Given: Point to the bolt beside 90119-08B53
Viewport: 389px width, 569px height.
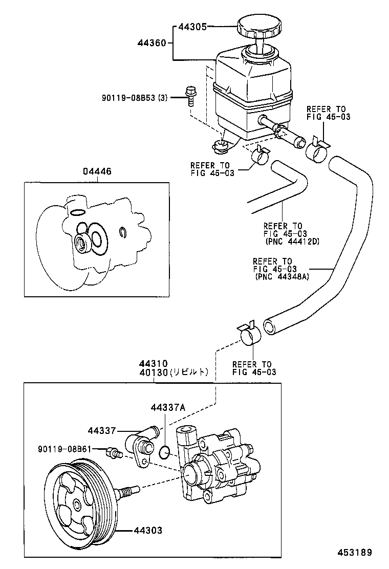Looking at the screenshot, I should pyautogui.click(x=190, y=96).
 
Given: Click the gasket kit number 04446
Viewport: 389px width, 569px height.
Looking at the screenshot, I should pyautogui.click(x=97, y=173).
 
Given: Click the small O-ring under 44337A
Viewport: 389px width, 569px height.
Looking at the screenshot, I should pyautogui.click(x=164, y=452).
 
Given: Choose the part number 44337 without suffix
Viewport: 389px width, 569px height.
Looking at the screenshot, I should pyautogui.click(x=102, y=430).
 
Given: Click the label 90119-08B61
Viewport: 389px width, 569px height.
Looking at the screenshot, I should pyautogui.click(x=64, y=449).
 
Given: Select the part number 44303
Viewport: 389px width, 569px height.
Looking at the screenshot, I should pyautogui.click(x=148, y=531).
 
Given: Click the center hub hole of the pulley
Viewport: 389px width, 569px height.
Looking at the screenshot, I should pyautogui.click(x=77, y=506).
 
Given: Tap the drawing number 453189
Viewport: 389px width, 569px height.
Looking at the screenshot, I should pyautogui.click(x=354, y=552).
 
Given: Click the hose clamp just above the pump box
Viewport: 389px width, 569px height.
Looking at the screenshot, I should pyautogui.click(x=250, y=335).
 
